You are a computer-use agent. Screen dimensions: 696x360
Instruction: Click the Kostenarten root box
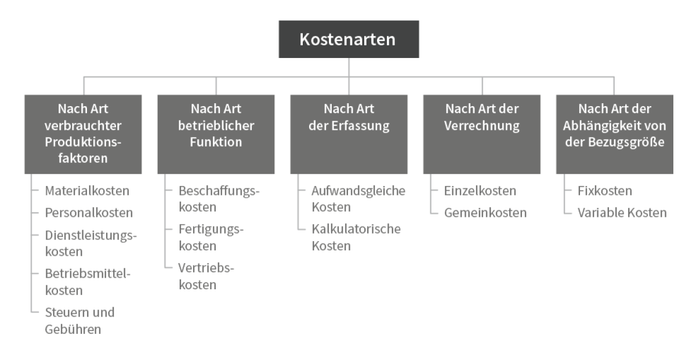[349, 39]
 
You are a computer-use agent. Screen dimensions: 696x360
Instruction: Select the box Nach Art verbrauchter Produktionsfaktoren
[83, 134]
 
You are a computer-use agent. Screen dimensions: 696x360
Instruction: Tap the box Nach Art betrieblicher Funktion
[216, 134]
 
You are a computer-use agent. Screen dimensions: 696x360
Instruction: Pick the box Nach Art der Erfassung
[349, 134]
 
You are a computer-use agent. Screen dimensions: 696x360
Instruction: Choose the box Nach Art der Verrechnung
[481, 134]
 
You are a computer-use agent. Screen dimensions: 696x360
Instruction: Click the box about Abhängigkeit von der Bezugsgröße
[615, 134]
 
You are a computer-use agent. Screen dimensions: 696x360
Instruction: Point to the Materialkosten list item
[87, 191]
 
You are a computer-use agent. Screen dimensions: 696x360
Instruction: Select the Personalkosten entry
[89, 213]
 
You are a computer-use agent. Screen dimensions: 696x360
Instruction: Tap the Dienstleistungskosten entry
[90, 243]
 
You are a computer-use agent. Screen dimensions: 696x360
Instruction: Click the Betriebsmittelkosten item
[88, 282]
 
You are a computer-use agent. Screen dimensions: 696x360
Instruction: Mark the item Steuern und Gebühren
[79, 321]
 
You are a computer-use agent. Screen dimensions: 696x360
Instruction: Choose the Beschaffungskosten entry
[219, 199]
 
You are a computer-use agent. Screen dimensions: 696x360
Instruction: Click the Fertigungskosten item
[211, 237]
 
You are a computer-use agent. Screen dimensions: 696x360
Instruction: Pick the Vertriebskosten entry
[206, 276]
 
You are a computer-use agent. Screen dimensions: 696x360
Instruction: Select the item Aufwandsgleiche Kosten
[358, 199]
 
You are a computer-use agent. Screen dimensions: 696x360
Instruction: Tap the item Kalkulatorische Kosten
[356, 237]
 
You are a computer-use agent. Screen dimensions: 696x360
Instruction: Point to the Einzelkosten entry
[480, 191]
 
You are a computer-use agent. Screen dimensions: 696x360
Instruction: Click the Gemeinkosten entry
[485, 213]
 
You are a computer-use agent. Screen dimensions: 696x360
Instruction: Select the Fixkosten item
[604, 191]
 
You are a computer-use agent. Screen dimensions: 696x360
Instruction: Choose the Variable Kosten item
[622, 213]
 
